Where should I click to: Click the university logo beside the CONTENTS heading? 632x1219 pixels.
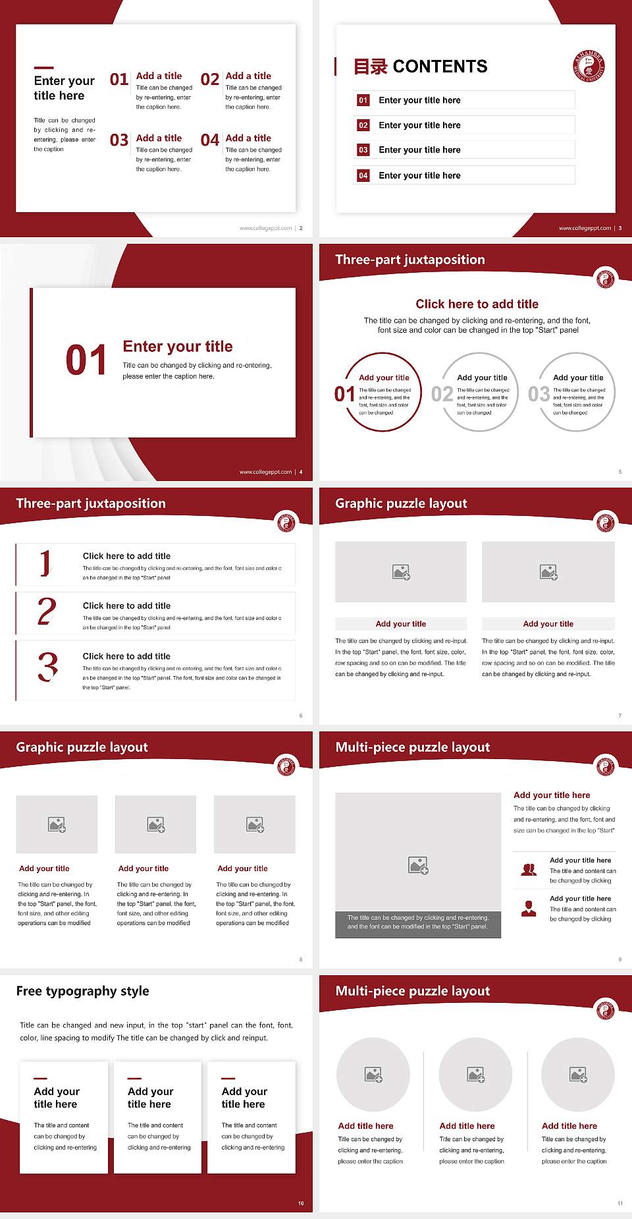click(589, 66)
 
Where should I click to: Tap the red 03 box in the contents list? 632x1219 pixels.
click(363, 150)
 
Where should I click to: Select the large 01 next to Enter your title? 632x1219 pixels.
click(86, 360)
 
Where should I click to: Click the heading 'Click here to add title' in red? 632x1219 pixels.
click(477, 304)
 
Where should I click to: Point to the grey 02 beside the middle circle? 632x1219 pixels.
click(442, 394)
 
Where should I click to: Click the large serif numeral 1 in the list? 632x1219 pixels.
click(45, 563)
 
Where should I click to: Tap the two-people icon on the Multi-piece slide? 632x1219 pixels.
click(529, 870)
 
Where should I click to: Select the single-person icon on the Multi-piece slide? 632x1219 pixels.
click(529, 909)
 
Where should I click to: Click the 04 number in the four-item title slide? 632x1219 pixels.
click(210, 140)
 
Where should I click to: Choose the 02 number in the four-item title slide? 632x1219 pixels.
click(210, 80)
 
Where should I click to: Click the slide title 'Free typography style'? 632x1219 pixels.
click(82, 991)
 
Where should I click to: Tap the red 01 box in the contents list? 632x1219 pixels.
click(363, 100)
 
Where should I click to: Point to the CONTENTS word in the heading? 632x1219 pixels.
click(440, 67)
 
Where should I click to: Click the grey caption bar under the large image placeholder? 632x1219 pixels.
click(418, 922)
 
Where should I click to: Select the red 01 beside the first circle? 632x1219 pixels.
click(344, 394)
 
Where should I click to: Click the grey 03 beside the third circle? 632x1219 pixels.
click(539, 394)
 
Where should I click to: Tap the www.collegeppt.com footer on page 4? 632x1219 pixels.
click(265, 472)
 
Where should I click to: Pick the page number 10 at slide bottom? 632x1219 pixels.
click(301, 1203)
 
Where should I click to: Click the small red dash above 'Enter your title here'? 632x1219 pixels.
click(43, 67)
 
